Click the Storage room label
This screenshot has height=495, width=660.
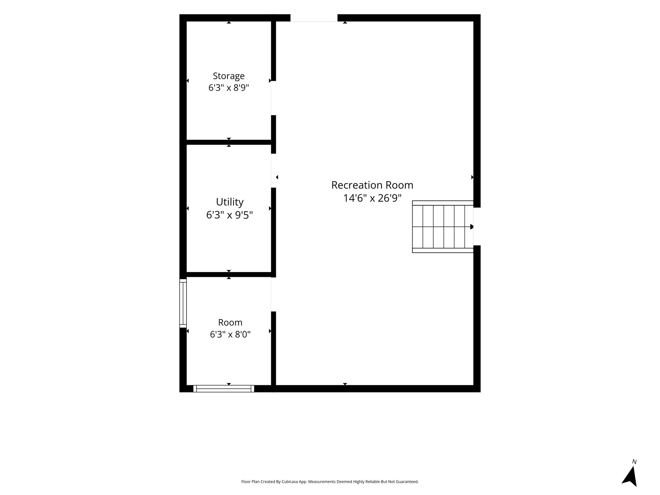228,76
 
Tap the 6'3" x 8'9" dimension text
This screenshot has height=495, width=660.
229,88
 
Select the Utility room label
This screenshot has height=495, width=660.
229,202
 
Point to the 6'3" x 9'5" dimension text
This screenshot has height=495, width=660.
229,215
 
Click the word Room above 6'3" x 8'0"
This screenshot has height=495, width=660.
230,323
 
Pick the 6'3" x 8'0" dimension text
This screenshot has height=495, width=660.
230,335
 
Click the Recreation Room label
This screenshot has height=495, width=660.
372,185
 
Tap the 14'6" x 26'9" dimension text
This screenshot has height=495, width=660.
372,198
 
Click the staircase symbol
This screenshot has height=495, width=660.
443,227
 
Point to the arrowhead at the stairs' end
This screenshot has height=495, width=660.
472,227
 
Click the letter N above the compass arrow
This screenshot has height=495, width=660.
634,462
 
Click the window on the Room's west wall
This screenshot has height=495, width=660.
183,303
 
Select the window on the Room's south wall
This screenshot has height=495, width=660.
224,389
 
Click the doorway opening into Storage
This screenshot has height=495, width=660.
273,98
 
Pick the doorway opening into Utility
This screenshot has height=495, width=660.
273,171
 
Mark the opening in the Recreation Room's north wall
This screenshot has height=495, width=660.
314,18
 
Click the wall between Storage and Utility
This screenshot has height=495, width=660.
229,142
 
